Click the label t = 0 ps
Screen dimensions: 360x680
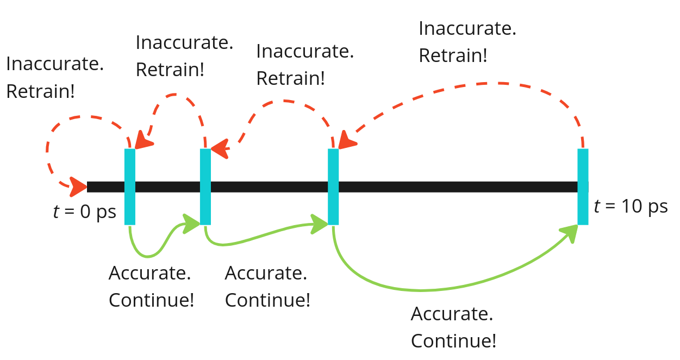[84, 212]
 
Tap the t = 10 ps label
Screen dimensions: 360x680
[631, 207]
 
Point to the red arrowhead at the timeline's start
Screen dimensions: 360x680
[78, 187]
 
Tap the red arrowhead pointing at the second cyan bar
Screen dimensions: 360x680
[219, 148]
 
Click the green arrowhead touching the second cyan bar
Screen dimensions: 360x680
[192, 223]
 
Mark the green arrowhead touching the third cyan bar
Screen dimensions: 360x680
[320, 224]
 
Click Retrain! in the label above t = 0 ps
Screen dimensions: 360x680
[40, 91]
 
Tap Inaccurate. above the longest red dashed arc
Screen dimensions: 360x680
[467, 29]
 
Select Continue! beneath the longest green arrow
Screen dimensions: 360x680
[453, 341]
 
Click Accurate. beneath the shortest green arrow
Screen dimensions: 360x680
[149, 273]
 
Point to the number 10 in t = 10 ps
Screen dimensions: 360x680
[630, 207]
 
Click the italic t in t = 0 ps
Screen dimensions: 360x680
[56, 212]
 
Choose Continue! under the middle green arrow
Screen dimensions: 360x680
[267, 300]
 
